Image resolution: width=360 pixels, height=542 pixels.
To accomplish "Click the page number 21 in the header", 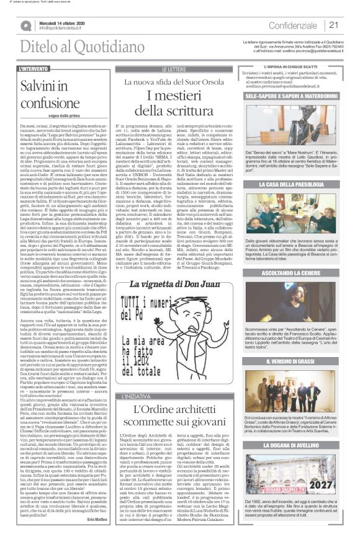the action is (x=333, y=25).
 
